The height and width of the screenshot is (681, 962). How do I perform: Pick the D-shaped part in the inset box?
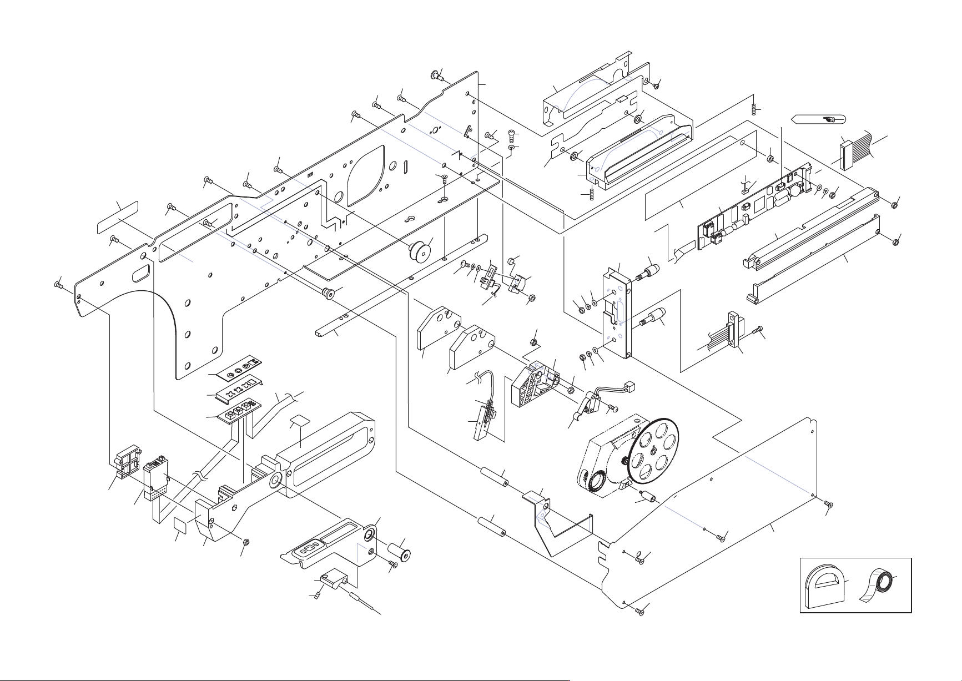coord(823,589)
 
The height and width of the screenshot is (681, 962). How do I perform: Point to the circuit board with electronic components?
coord(749,211)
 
